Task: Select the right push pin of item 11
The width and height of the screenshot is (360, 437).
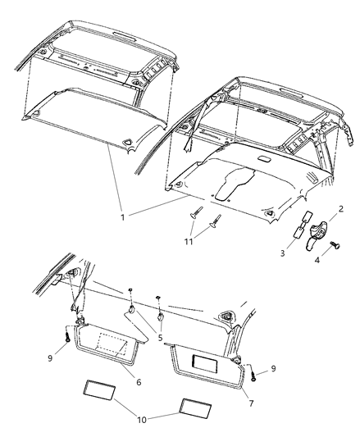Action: click(217, 221)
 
